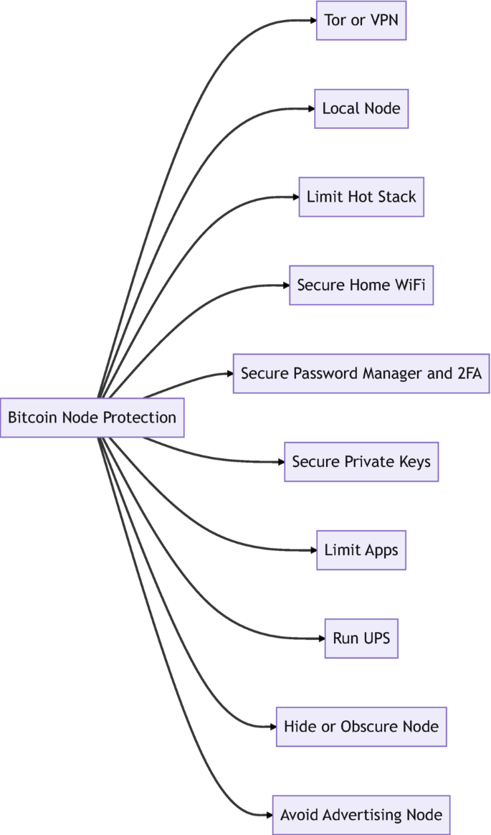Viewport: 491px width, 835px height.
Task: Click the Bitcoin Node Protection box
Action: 92,417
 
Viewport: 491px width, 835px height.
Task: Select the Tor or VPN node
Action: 361,20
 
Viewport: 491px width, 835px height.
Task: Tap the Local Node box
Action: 361,109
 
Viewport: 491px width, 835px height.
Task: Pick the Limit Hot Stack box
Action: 361,197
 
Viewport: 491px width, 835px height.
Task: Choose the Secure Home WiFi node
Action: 361,285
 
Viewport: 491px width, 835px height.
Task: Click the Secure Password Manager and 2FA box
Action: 361,373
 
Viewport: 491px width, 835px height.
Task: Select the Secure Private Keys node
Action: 361,461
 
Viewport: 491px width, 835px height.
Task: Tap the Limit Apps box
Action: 361,550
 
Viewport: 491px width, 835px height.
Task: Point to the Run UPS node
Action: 361,638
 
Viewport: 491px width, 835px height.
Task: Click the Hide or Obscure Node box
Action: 361,726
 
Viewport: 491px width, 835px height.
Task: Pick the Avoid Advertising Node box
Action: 361,815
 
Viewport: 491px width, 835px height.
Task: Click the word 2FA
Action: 469,373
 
